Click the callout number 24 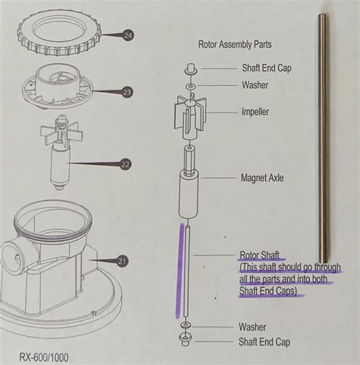[127, 35]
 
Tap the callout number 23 [127, 92]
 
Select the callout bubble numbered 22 [127, 163]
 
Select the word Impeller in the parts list [255, 112]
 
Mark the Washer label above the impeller [254, 84]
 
